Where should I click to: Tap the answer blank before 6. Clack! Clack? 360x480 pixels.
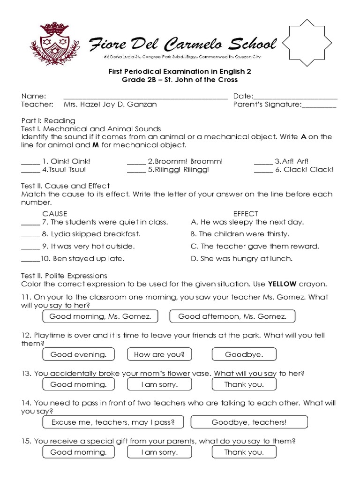[x=263, y=170]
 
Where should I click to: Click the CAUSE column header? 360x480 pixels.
[x=55, y=213]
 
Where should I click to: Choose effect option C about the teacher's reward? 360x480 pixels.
[x=255, y=246]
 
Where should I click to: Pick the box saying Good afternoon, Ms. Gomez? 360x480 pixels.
[x=232, y=316]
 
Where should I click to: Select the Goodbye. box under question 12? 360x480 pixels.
[x=244, y=355]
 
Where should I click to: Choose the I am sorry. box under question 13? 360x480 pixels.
[x=160, y=384]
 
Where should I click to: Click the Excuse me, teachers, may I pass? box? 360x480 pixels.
[x=113, y=422]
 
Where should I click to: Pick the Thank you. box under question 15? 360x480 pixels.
[x=244, y=452]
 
